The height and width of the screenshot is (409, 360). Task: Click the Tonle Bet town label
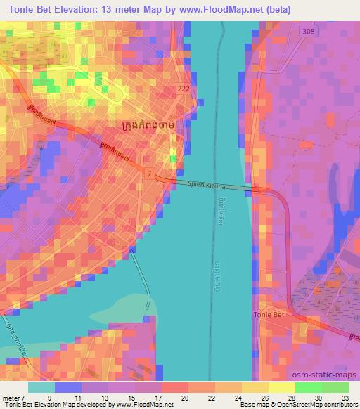(x=268, y=316)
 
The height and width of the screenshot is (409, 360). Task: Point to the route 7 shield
(x=149, y=171)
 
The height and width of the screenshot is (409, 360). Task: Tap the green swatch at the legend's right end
(x=335, y=387)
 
